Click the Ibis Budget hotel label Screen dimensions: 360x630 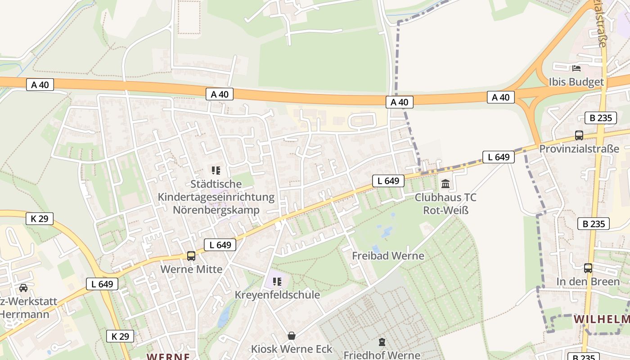(x=576, y=82)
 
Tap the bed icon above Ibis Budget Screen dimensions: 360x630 (x=576, y=68)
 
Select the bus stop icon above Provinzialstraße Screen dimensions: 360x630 (x=579, y=135)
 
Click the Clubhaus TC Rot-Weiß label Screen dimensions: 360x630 (x=445, y=204)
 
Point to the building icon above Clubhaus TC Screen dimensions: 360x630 (x=445, y=184)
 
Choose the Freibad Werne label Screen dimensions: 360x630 (x=388, y=256)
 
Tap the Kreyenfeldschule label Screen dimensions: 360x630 (x=277, y=295)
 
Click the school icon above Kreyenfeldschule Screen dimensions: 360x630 (x=277, y=282)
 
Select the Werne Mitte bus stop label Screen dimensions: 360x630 (x=192, y=269)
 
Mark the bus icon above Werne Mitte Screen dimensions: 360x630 (x=191, y=256)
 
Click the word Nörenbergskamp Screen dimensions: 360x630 (x=216, y=210)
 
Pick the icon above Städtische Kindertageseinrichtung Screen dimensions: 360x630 (x=216, y=171)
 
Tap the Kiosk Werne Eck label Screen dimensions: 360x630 (x=292, y=349)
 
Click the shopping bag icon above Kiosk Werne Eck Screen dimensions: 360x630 (x=292, y=336)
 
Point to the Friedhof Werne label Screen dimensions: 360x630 (x=382, y=355)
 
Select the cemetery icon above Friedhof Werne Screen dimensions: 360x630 (x=382, y=342)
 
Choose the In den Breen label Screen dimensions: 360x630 (x=588, y=281)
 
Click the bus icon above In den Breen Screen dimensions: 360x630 (x=588, y=268)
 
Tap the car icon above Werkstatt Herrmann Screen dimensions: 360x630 (x=23, y=288)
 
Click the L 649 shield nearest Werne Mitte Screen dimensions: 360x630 (x=220, y=245)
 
